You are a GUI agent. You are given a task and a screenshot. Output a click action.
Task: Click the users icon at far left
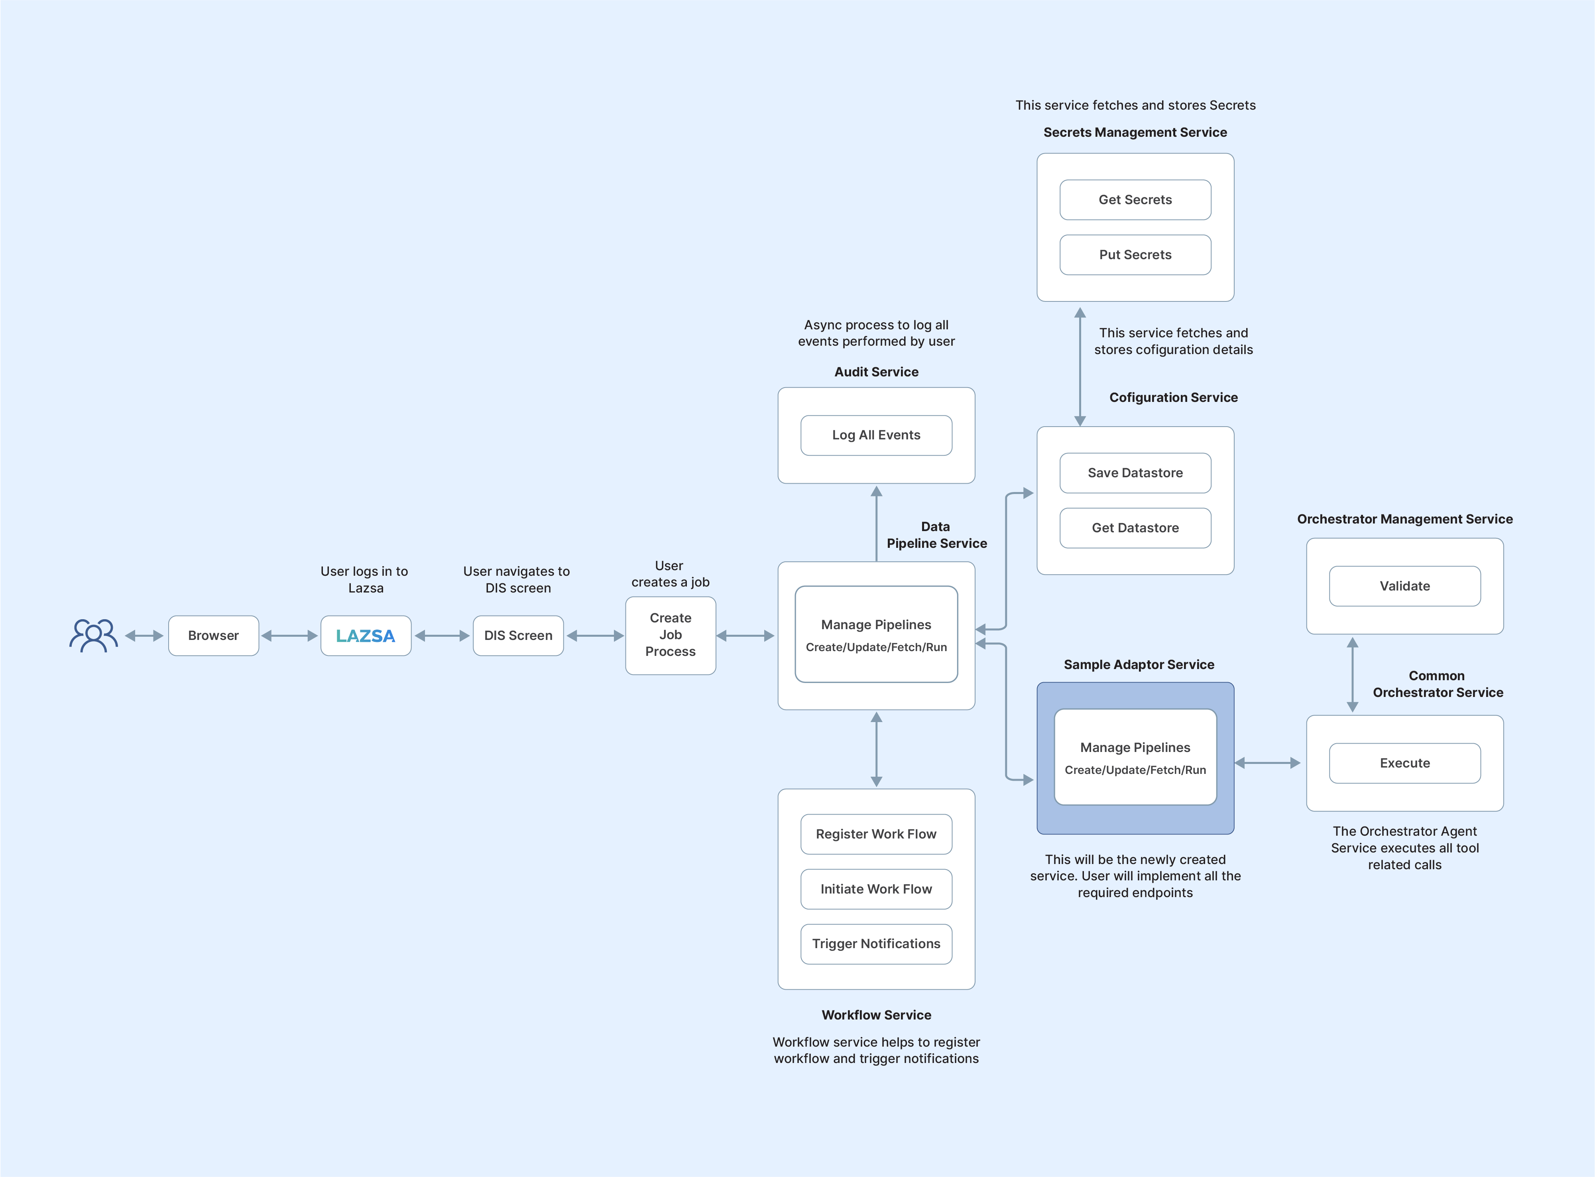pyautogui.click(x=93, y=636)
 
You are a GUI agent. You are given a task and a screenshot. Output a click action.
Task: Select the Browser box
pyautogui.click(x=213, y=636)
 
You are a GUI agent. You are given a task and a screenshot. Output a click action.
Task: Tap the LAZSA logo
pyautogui.click(x=366, y=636)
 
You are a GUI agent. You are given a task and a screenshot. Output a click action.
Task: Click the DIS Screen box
pyautogui.click(x=518, y=636)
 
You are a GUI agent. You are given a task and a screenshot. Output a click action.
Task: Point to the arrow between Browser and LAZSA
pyautogui.click(x=289, y=636)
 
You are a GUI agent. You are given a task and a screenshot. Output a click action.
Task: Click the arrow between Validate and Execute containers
pyautogui.click(x=1352, y=675)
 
